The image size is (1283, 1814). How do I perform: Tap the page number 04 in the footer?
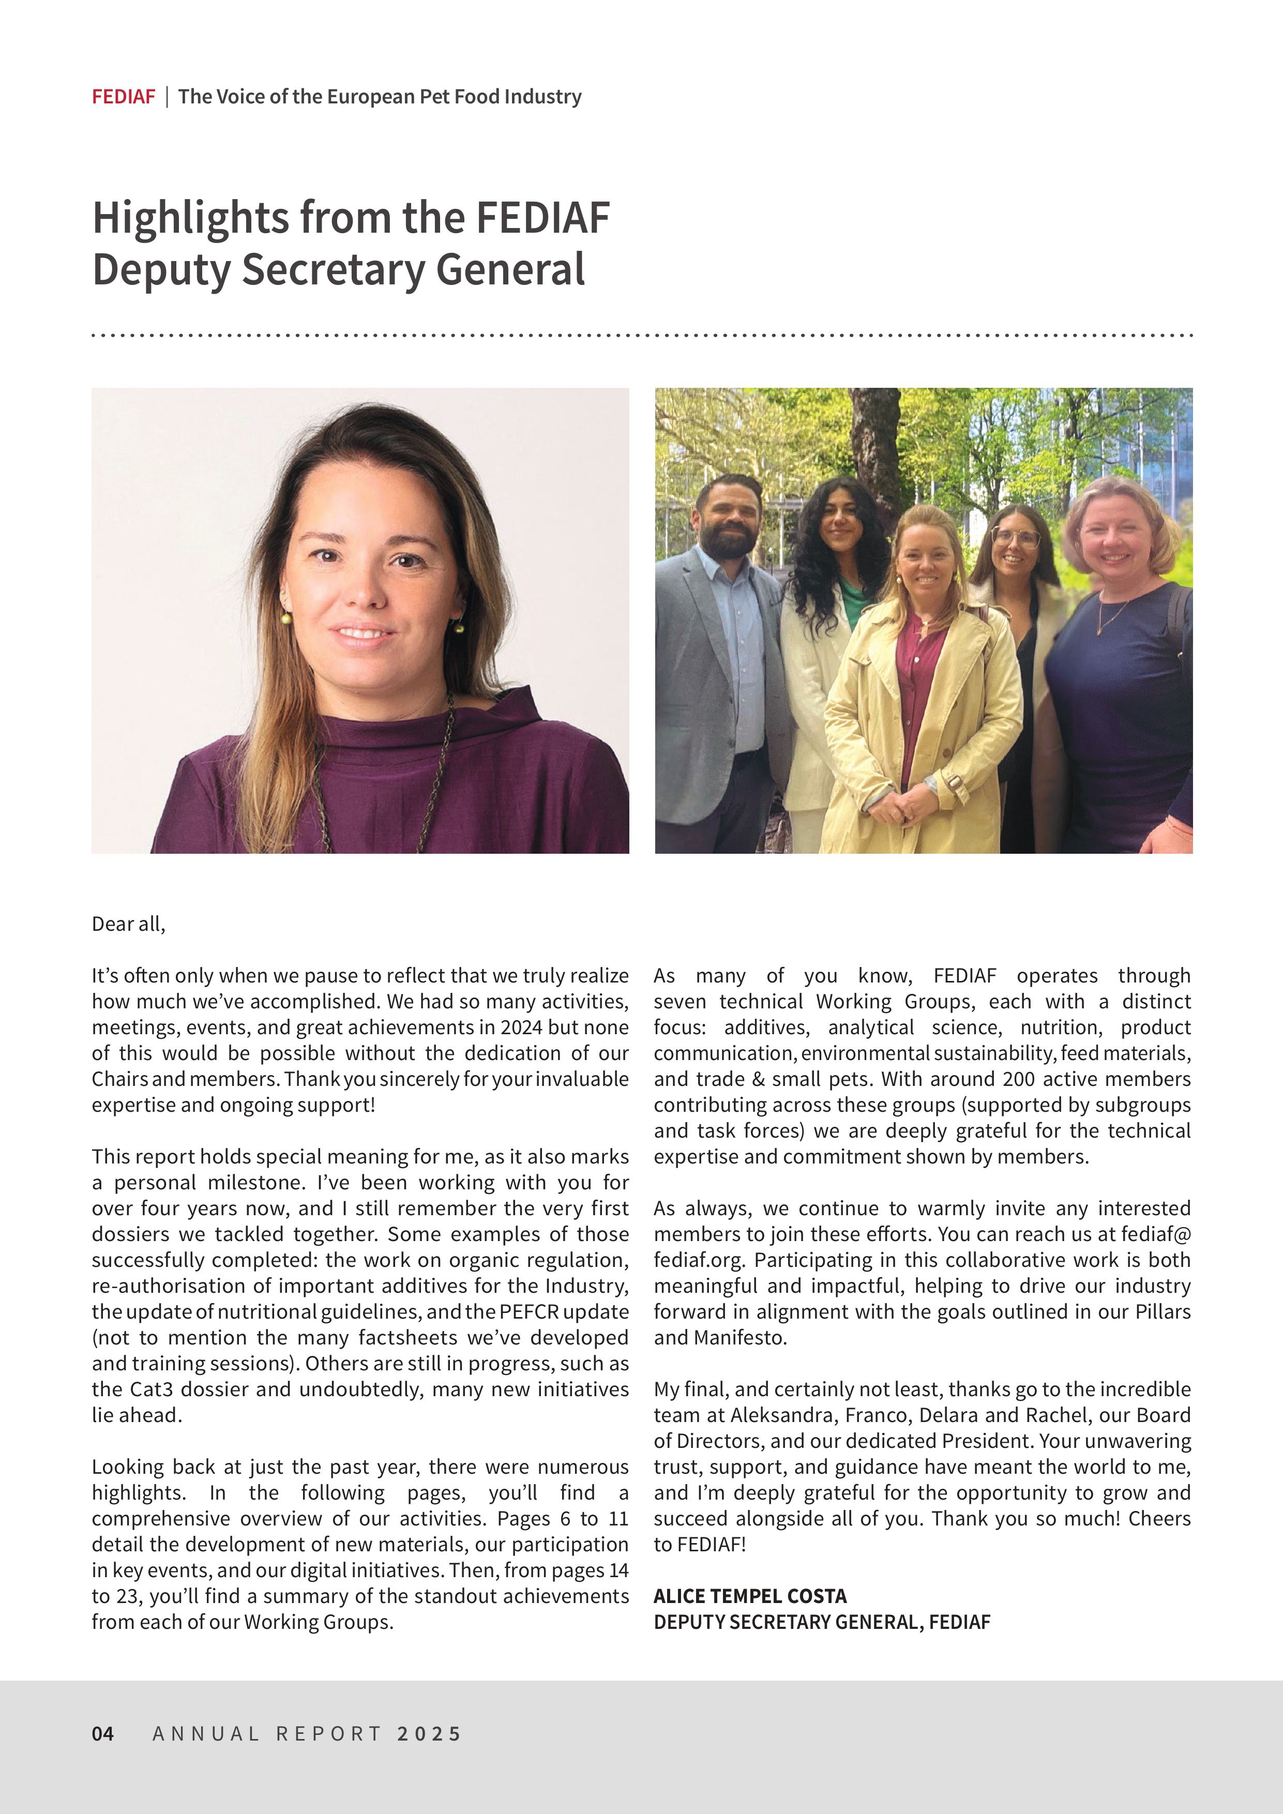103,1733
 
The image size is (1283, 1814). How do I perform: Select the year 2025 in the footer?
429,1733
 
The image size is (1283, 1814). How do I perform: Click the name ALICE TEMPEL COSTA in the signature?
750,1596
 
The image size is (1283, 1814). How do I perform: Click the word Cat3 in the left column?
152,1389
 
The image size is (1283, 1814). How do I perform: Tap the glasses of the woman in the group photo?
1016,538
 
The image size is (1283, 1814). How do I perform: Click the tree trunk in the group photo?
876,443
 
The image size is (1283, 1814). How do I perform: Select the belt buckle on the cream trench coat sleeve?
954,782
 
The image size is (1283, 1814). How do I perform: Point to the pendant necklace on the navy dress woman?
1100,629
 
